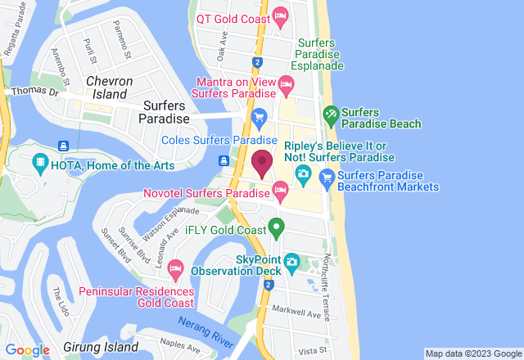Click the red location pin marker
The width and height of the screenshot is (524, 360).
262,163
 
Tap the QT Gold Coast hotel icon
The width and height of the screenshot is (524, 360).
280,16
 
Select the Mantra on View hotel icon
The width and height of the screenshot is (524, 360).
286,83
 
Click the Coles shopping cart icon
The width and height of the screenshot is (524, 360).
260,117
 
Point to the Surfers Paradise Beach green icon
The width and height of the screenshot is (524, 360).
330,115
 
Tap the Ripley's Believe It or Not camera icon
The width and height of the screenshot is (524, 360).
302,173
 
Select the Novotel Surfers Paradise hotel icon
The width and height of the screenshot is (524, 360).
280,192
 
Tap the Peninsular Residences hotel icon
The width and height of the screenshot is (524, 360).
174,269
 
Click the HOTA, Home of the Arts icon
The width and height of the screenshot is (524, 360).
41,164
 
